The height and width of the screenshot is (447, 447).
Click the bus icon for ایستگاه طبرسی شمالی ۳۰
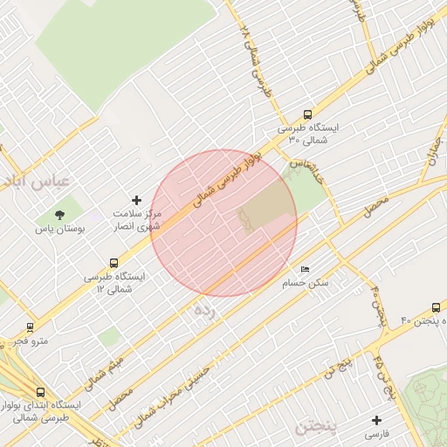pos(306,114)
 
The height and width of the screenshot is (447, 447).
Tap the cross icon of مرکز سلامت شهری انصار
pos(135,201)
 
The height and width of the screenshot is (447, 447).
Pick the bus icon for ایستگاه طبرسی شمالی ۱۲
pos(113,263)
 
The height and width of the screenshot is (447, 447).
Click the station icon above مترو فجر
pos(31,327)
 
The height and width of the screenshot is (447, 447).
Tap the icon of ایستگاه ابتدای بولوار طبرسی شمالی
pos(40,392)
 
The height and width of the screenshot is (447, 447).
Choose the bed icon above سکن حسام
pos(304,270)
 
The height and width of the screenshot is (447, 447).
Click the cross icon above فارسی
pos(376,420)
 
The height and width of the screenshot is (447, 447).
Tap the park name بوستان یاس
pos(57,229)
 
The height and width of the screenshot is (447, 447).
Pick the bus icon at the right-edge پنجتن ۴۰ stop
pos(436,308)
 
